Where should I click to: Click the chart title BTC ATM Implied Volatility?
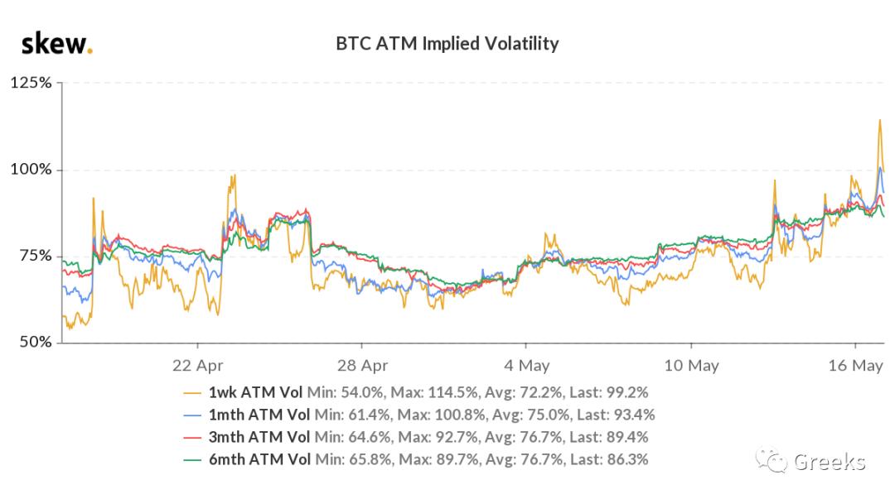pyautogui.click(x=447, y=43)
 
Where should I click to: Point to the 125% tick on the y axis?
pyautogui.click(x=31, y=83)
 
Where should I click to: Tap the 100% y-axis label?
pyautogui.click(x=31, y=170)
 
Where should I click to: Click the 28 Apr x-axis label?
pyautogui.click(x=363, y=364)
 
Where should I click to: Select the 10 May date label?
pyautogui.click(x=691, y=364)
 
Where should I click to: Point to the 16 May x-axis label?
pyautogui.click(x=854, y=364)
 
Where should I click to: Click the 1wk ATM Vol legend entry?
pyautogui.click(x=255, y=391)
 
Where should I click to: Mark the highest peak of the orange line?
pyautogui.click(x=879, y=121)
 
